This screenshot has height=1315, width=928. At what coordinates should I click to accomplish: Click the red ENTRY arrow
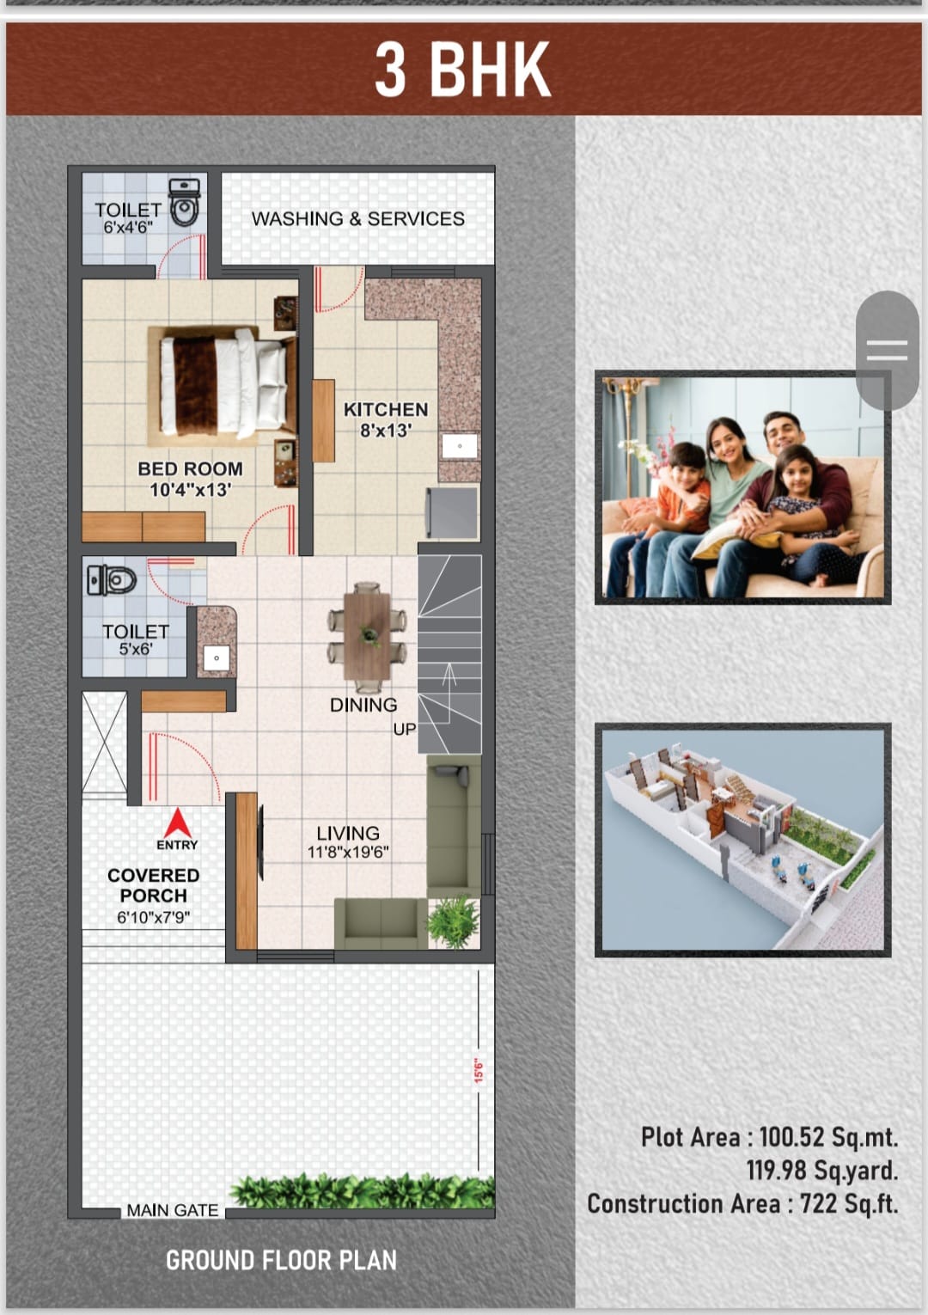177,823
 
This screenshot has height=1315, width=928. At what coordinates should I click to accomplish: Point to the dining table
367,636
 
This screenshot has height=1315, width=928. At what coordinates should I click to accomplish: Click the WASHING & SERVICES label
358,219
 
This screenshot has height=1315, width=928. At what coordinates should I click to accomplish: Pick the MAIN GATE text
173,1210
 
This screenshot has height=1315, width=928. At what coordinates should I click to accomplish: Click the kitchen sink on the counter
460,446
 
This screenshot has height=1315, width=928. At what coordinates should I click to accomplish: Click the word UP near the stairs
405,730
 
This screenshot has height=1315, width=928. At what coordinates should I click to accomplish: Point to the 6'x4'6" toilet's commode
185,203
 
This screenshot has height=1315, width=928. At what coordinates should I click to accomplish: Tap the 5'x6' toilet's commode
112,581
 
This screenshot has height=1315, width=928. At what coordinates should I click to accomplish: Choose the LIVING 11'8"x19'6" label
348,841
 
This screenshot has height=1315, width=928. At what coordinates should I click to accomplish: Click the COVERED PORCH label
153,885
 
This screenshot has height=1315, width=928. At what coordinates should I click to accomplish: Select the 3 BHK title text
463,70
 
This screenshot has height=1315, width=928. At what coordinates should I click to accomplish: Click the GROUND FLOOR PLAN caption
281,1260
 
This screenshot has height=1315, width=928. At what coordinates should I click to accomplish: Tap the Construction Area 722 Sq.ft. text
742,1204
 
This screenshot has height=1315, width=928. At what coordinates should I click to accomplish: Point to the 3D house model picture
742,840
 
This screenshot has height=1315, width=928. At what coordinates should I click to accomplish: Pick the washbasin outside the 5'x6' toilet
217,658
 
